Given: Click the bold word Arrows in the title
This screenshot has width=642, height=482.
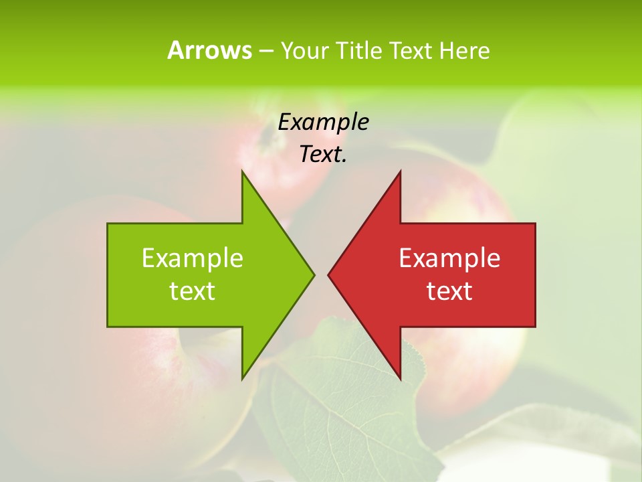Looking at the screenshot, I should [x=209, y=50].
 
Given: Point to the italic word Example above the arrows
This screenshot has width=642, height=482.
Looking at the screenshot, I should [x=323, y=122].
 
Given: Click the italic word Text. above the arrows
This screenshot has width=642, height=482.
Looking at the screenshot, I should [x=323, y=155].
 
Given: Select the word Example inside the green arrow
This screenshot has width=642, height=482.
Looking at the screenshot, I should [x=193, y=258].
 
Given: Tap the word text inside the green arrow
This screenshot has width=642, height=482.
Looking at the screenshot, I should [x=193, y=291].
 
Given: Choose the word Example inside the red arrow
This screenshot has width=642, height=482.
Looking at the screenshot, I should [x=449, y=258].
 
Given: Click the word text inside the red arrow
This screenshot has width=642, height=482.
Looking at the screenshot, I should [x=449, y=291].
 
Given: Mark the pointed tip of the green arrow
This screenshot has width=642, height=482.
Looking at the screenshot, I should [x=313, y=274].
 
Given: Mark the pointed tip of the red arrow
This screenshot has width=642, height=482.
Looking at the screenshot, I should [x=329, y=274].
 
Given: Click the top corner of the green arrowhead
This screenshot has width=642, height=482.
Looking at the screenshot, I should [x=242, y=172].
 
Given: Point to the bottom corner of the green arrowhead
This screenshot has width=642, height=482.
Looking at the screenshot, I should [x=242, y=378].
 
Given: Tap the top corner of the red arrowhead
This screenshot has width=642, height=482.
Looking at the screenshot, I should [x=400, y=172].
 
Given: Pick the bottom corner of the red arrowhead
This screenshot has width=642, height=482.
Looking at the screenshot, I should [x=400, y=378].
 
